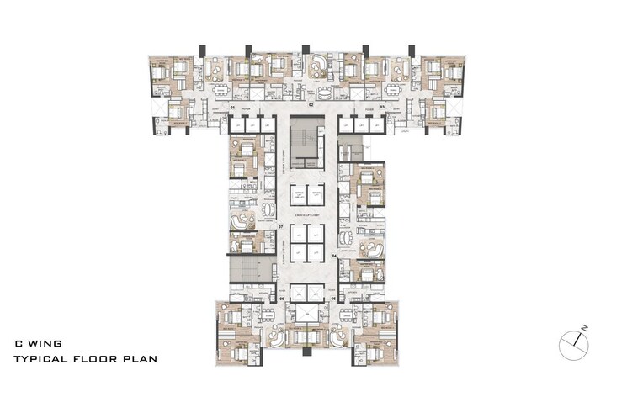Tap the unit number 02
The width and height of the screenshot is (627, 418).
[x=311, y=105]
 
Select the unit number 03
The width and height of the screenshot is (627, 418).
[x=381, y=108]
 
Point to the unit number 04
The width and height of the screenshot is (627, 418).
[x=334, y=254]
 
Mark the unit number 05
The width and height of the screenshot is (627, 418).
[x=333, y=299]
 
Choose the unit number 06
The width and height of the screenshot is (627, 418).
[x=283, y=299]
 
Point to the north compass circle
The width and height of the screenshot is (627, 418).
[x=571, y=342]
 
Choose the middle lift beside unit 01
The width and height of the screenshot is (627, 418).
[x=252, y=124]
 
